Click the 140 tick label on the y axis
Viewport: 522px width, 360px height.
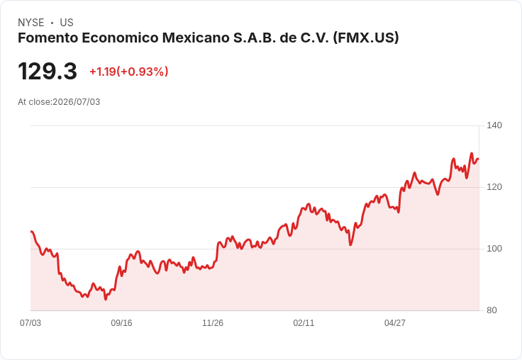click(494, 125)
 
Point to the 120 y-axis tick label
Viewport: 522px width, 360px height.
click(494, 187)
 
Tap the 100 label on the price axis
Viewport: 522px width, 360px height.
click(494, 249)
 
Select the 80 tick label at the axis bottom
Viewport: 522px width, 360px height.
click(492, 310)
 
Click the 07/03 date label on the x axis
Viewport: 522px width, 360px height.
click(30, 322)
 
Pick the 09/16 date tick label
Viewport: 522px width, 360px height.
click(121, 322)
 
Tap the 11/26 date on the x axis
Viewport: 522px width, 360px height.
click(213, 322)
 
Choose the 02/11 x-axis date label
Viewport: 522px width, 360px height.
click(304, 322)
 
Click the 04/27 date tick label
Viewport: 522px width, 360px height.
click(395, 322)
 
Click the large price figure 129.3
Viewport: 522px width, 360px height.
click(48, 71)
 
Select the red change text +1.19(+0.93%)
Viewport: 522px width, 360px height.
click(129, 72)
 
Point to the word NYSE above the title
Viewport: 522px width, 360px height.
click(31, 23)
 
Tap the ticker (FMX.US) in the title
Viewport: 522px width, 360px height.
click(366, 38)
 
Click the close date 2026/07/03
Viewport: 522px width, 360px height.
click(76, 102)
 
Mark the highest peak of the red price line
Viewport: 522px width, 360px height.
click(472, 153)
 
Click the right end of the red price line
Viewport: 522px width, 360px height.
click(479, 159)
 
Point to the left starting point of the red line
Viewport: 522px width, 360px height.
click(31, 231)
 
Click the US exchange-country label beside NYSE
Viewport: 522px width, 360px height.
click(67, 23)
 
